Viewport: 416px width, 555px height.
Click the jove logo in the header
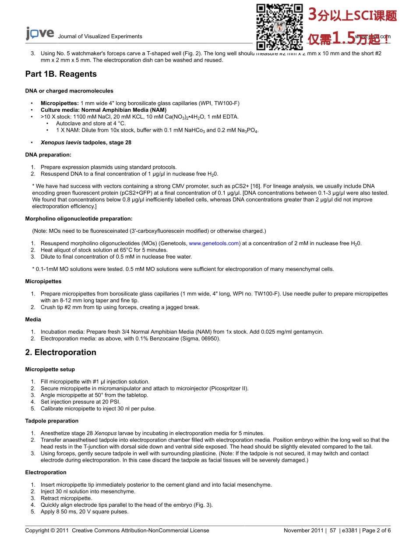(40, 34)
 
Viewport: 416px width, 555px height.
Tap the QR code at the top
(279, 27)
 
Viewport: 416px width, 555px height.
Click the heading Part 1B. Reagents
(61, 74)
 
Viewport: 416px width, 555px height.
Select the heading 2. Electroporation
(60, 352)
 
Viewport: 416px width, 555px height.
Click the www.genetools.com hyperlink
(214, 243)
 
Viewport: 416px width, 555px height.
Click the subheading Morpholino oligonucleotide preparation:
(79, 219)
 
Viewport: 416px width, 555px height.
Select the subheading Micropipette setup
(50, 370)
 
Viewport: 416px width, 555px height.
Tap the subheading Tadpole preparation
(52, 421)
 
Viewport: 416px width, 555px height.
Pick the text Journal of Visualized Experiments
(100, 36)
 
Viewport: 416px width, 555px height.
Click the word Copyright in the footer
(37, 530)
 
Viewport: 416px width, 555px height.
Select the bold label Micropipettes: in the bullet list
(60, 103)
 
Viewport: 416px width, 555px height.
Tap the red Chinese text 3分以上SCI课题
(353, 16)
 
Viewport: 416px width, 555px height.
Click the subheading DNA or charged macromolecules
(69, 91)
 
